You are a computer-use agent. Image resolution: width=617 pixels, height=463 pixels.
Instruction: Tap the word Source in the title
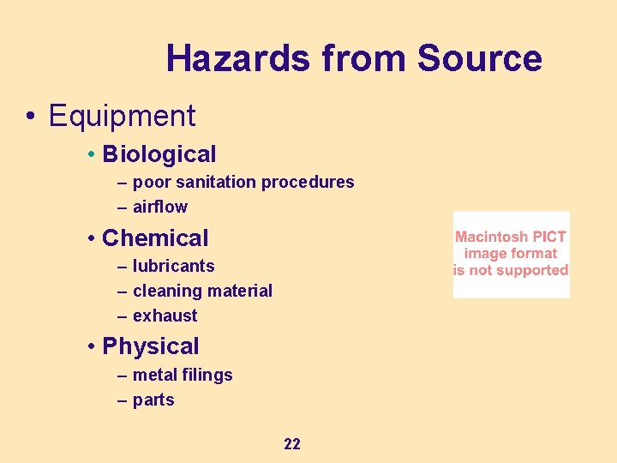(479, 58)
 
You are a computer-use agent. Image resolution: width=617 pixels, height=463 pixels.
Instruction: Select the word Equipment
(123, 116)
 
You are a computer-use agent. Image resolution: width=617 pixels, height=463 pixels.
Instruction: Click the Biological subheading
(159, 154)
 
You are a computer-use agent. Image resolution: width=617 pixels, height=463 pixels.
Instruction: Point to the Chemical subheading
(155, 238)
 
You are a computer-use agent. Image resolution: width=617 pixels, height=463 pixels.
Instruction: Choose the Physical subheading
(150, 346)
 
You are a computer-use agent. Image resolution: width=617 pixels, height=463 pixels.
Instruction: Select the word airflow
(159, 207)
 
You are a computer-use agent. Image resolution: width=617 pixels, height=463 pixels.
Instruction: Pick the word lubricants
(174, 266)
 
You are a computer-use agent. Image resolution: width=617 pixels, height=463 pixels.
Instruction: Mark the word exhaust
(165, 316)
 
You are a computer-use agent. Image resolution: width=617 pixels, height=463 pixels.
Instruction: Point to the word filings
(207, 376)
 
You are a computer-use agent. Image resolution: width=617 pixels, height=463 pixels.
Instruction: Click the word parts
(153, 400)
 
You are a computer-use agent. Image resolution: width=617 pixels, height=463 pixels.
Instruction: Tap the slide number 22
(291, 443)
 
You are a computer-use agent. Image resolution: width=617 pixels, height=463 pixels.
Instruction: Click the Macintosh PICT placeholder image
(511, 254)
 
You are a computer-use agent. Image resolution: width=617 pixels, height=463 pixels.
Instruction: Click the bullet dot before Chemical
(91, 239)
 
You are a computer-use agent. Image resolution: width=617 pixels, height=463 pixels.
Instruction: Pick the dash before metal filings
(122, 376)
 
